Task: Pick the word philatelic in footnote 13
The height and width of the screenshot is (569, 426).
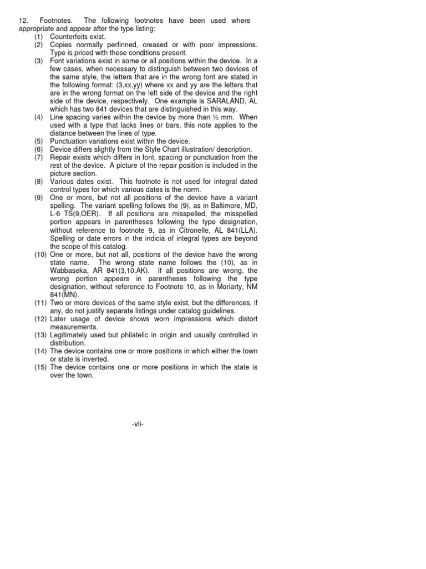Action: pyautogui.click(x=145, y=335)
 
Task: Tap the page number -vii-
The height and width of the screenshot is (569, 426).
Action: pyautogui.click(x=138, y=424)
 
